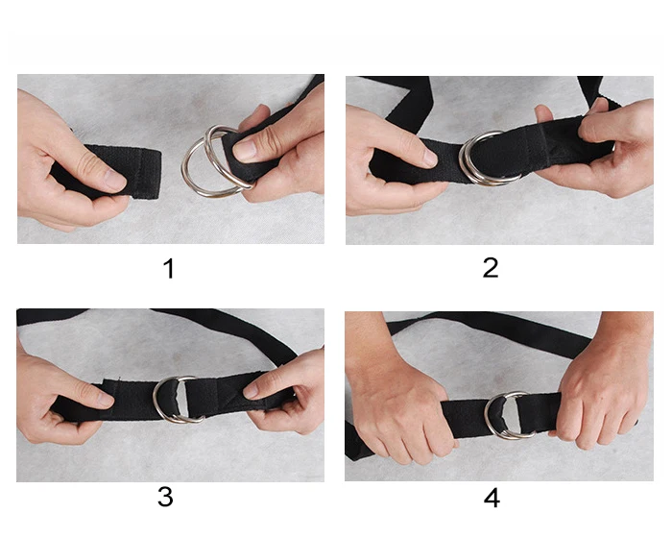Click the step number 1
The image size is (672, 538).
click(169, 268)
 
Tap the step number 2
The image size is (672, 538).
click(491, 268)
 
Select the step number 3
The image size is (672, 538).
click(166, 497)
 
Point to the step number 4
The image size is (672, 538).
click(492, 498)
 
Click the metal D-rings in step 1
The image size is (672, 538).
click(212, 161)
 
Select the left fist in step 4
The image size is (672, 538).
click(398, 408)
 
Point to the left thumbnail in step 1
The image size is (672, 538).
click(114, 180)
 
